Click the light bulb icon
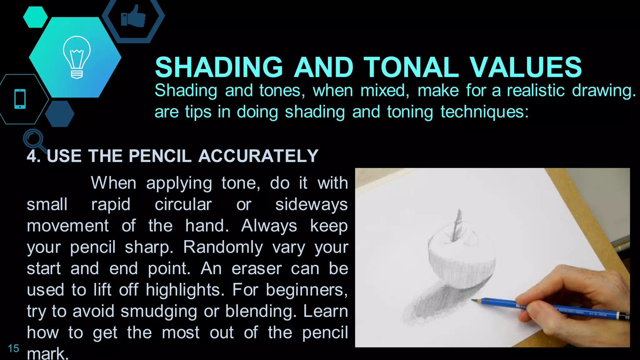pyautogui.click(x=77, y=57)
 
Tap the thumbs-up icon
pyautogui.click(x=133, y=17)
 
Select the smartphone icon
pyautogui.click(x=20, y=99)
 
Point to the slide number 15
pyautogui.click(x=13, y=348)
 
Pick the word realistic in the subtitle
pyautogui.click(x=536, y=91)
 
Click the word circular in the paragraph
pyautogui.click(x=183, y=205)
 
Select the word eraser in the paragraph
pyautogui.click(x=257, y=269)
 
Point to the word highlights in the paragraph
pyautogui.click(x=185, y=290)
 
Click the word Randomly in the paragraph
pyautogui.click(x=223, y=247)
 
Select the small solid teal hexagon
pyautogui.click(x=35, y=17)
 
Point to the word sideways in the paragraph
pyautogui.click(x=311, y=205)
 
